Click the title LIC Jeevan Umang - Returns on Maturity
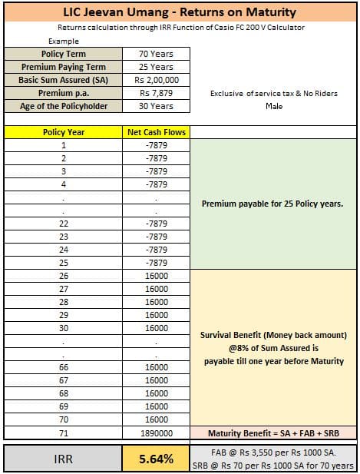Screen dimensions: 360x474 (180, 12)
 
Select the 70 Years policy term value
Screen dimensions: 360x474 (156, 54)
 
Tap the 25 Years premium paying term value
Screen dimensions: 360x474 (156, 67)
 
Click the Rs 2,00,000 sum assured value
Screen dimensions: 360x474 (156, 80)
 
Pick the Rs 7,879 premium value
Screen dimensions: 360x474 (156, 93)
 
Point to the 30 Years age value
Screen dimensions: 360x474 (156, 106)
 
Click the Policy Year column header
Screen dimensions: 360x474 (64, 132)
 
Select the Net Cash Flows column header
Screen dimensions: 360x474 (156, 132)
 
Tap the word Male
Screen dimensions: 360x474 (274, 106)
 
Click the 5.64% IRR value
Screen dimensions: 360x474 (156, 459)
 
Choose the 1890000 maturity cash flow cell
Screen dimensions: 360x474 (156, 432)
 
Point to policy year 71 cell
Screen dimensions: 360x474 (64, 432)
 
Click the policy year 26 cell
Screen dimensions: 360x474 (64, 275)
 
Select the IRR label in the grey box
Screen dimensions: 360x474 (64, 459)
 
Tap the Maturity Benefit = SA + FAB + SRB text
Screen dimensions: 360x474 (274, 432)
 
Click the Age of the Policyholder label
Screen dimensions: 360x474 (64, 106)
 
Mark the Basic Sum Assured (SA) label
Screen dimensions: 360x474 (64, 80)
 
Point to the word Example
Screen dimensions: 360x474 (63, 41)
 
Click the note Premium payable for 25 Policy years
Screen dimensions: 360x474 (272, 204)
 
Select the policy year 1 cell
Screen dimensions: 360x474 (64, 145)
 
